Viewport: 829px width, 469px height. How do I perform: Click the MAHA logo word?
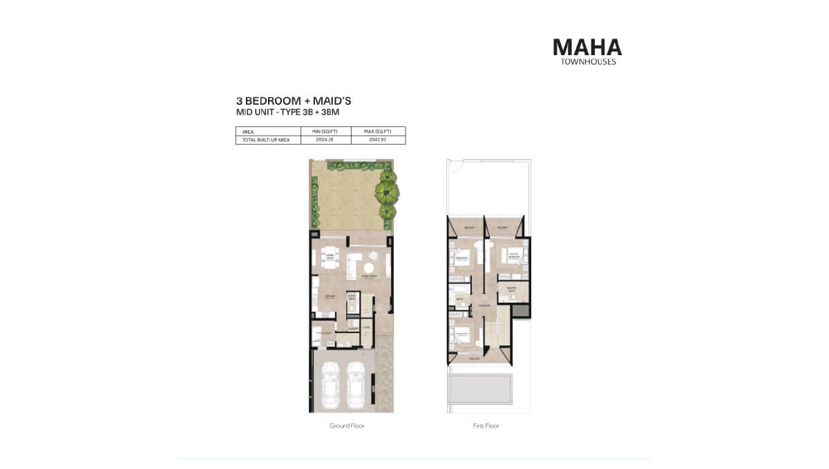pyautogui.click(x=587, y=47)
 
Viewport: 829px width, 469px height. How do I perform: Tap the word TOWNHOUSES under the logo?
pyautogui.click(x=587, y=61)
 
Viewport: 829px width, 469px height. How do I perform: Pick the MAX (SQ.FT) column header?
pyautogui.click(x=378, y=131)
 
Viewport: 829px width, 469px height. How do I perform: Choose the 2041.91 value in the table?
pyautogui.click(x=378, y=139)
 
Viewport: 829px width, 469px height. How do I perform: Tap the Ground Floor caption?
pyautogui.click(x=347, y=426)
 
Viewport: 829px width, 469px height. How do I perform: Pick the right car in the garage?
pyautogui.click(x=356, y=384)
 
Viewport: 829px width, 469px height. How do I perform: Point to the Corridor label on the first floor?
pyautogui.click(x=484, y=306)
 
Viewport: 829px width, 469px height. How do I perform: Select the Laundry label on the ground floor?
pyautogui.click(x=353, y=328)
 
